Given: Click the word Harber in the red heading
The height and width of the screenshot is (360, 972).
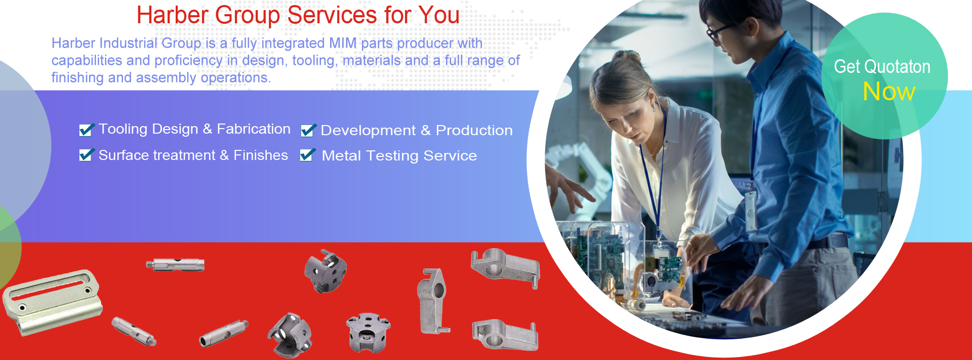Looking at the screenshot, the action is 173,15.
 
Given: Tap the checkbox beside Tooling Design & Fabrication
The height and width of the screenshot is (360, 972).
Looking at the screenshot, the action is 87,130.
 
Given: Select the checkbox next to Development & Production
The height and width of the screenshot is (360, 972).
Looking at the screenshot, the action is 308,130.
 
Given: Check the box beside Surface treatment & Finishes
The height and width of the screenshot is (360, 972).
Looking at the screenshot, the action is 87,155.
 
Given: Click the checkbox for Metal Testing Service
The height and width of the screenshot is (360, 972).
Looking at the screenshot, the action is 307,155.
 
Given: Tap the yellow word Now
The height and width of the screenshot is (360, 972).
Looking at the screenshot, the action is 889,92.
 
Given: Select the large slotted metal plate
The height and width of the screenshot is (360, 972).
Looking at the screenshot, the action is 52,302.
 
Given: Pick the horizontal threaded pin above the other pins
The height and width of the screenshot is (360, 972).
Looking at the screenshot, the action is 175,264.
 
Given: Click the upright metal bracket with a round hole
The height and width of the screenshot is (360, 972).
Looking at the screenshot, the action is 433,301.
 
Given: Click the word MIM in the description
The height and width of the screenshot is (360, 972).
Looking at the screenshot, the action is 343,44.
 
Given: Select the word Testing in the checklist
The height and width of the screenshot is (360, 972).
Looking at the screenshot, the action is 392,156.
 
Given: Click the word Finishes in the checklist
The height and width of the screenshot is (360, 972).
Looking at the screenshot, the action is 261,155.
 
